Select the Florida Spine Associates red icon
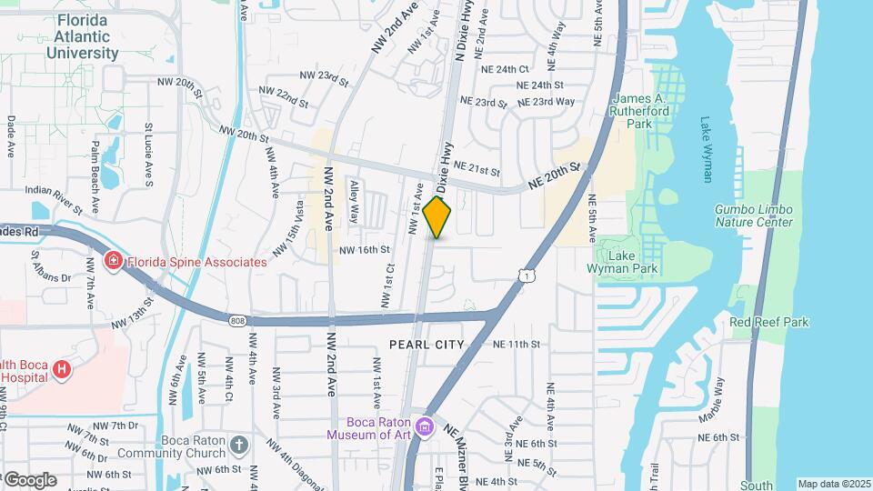[x=115, y=262]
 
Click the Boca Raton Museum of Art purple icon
[x=424, y=426]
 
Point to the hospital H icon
[x=61, y=369]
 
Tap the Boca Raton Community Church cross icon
[x=238, y=446]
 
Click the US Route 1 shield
[x=526, y=274]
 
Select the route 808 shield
[x=236, y=320]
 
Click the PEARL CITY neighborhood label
[x=426, y=345]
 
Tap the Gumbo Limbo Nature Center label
[x=754, y=215]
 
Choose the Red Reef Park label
[x=768, y=322]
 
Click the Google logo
[x=30, y=479]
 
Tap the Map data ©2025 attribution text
[x=833, y=484]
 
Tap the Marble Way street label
[x=718, y=397]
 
